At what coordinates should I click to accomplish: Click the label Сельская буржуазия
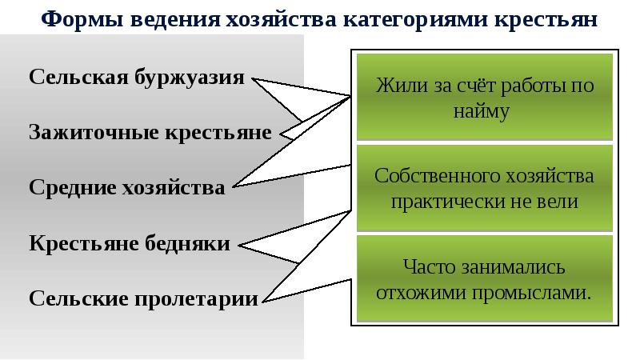point(137,78)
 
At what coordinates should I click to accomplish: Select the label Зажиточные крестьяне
point(150,132)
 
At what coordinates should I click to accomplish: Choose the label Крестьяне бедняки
point(130,243)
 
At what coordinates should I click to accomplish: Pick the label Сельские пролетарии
point(144,299)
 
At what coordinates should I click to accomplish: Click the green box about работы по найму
point(485,98)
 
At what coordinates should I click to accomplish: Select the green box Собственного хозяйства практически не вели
point(485,188)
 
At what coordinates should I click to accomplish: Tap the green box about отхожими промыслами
point(485,278)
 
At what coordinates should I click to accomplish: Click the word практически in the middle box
point(446,201)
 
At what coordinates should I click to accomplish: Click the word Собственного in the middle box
point(426,175)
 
